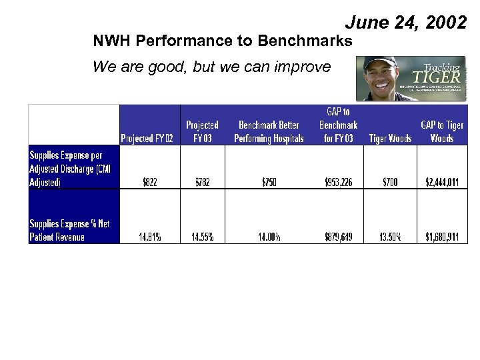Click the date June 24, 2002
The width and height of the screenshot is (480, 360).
(x=405, y=23)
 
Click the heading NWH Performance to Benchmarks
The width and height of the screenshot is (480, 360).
(x=223, y=41)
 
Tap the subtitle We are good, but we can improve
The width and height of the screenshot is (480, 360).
(x=211, y=67)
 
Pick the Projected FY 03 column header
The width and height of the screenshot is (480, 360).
(x=202, y=131)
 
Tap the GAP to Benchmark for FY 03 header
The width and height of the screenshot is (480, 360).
(x=338, y=125)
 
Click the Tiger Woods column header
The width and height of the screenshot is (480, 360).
(x=390, y=138)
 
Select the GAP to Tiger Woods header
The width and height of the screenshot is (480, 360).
(x=441, y=131)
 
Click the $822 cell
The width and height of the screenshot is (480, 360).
(x=149, y=183)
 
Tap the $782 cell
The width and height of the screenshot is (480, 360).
(x=202, y=183)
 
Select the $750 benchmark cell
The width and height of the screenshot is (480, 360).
(x=269, y=183)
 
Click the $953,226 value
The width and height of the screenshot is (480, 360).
(x=338, y=183)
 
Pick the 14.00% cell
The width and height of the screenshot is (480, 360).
(x=269, y=237)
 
